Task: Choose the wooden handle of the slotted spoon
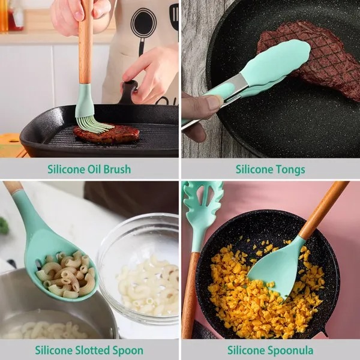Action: point(12,187)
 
